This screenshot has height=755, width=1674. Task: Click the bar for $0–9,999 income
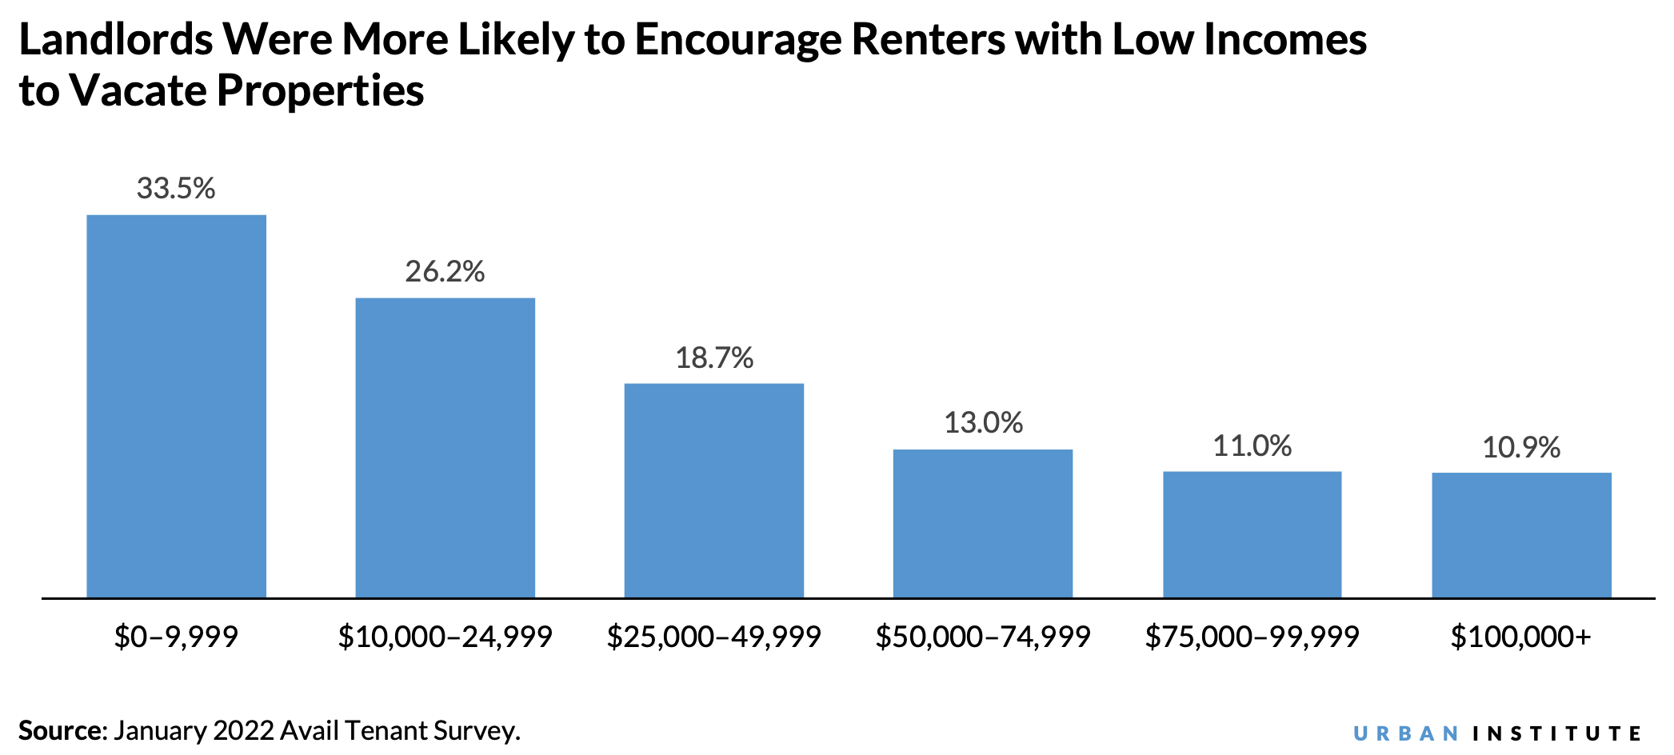176,406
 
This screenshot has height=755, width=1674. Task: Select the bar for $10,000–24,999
445,448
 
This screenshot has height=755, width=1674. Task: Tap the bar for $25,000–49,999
713,490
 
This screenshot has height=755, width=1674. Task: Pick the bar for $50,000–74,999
982,523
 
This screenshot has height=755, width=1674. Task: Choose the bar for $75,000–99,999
1252,534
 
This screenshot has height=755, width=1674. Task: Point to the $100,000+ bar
1521,535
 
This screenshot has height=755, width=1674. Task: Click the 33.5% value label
176,188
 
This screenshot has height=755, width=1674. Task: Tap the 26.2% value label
445,272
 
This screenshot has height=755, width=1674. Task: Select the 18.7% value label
713,358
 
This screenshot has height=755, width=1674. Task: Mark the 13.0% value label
983,422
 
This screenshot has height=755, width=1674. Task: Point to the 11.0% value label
1252,445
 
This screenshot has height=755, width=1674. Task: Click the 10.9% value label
1521,447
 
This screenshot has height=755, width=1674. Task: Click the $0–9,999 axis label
176,637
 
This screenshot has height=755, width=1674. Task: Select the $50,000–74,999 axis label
983,637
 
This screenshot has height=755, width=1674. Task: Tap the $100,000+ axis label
1521,637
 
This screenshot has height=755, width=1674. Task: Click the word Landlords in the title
115,39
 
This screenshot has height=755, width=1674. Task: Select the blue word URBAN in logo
1406,733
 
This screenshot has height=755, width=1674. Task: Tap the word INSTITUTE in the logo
1556,733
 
